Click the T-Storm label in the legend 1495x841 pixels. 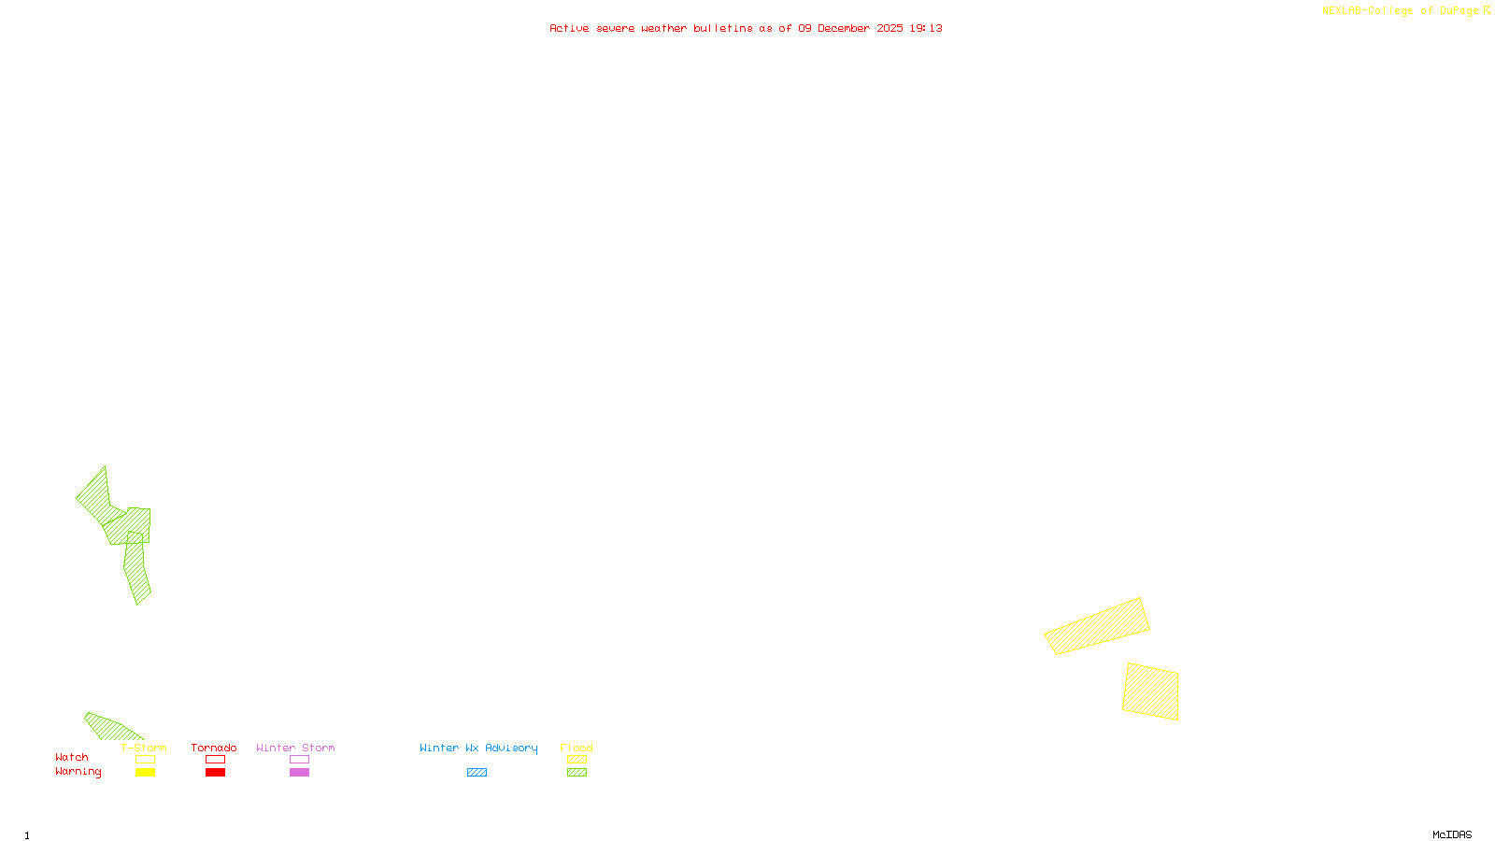[144, 748]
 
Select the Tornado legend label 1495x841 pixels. [214, 748]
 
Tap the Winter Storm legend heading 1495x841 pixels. [295, 748]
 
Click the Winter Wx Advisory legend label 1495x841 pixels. [478, 748]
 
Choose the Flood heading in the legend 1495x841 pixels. [577, 748]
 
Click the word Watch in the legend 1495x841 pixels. [72, 757]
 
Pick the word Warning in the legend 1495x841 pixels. [78, 772]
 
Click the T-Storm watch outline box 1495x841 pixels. [145, 760]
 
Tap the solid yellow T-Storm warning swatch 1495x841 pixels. [145, 773]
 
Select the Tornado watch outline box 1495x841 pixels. [215, 760]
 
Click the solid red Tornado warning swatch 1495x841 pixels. [215, 773]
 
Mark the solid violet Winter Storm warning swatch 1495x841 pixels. [299, 773]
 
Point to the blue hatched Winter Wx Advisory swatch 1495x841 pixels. [477, 773]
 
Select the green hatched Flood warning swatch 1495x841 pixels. [577, 773]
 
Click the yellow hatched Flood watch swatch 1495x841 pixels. [577, 760]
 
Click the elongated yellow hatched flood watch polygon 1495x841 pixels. [1097, 626]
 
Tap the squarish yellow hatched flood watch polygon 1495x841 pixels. [1151, 691]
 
